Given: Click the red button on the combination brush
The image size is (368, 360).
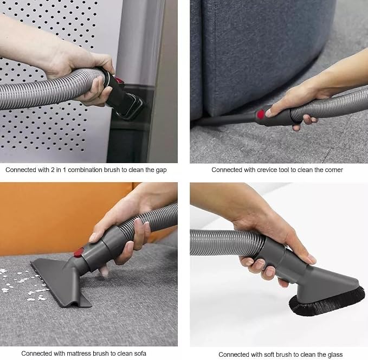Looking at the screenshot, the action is coord(119,80).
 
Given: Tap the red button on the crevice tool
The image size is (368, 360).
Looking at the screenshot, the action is coord(261,114).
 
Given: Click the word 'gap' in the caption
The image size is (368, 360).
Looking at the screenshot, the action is coord(161,170).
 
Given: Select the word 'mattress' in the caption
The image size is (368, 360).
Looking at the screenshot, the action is coord(79,353).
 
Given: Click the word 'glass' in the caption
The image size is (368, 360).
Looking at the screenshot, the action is coord(335,355).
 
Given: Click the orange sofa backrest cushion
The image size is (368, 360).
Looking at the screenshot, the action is coord(63,218).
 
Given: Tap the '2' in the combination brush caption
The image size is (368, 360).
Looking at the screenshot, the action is coord(53,170).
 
